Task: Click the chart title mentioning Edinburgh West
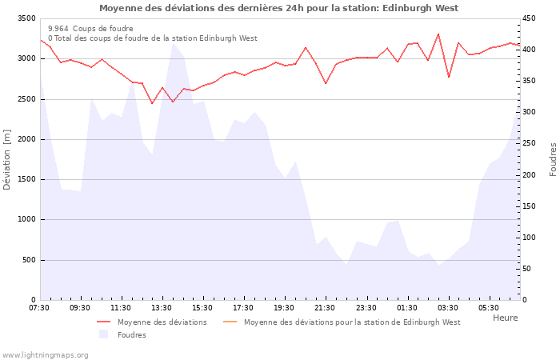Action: tap(279, 8)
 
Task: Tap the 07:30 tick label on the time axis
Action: tap(39, 307)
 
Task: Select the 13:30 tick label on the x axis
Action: tap(162, 307)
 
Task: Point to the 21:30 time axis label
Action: tap(325, 307)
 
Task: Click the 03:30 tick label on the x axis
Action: tap(447, 307)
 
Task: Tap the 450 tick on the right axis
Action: tap(530, 18)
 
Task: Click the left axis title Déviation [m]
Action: tap(7, 159)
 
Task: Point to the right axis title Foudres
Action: tap(553, 159)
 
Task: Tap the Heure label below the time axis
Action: tap(505, 318)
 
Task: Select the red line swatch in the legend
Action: tap(103, 322)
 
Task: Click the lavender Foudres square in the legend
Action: tap(103, 334)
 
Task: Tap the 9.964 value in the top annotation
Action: tap(58, 29)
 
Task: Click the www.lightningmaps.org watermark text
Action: tap(46, 354)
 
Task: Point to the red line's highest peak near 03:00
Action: tap(438, 34)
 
